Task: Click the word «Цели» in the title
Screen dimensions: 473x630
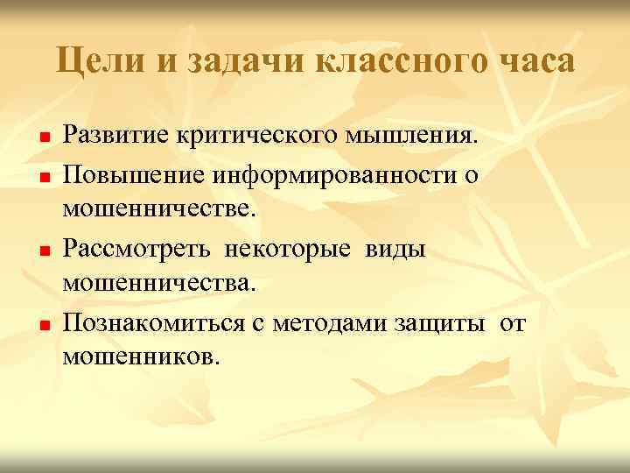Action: (x=95, y=62)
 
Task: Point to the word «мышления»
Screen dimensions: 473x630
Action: (x=413, y=137)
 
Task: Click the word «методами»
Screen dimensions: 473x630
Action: (x=339, y=323)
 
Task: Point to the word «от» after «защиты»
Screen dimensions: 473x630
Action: (x=514, y=323)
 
